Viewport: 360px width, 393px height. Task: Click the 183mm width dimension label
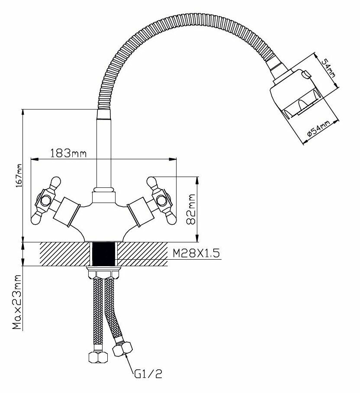point(69,153)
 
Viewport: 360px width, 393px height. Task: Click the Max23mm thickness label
point(18,302)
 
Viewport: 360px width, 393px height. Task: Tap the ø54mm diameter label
point(318,129)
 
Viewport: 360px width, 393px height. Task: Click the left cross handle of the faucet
point(46,200)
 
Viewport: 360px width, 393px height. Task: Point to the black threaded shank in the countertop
point(104,254)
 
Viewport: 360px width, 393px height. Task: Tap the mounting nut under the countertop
point(104,274)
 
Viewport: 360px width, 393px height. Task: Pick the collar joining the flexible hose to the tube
point(104,114)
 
